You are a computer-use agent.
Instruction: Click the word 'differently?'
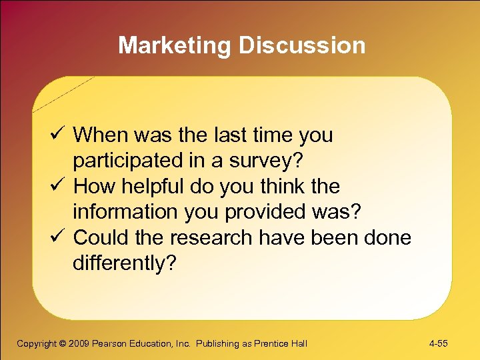(125, 264)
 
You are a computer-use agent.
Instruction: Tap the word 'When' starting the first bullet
(100, 135)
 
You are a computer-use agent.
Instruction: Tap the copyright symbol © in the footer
(62, 344)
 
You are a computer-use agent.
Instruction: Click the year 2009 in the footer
(79, 344)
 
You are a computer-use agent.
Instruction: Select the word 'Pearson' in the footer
(109, 344)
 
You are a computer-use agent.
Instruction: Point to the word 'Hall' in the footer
(298, 344)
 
